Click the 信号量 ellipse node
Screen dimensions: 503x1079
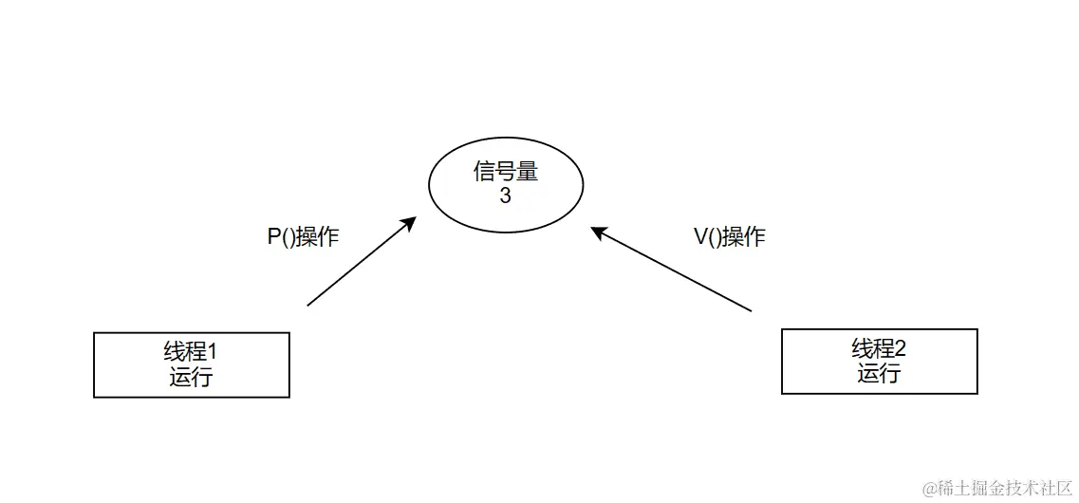(506, 185)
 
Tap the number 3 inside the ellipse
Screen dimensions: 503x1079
(505, 196)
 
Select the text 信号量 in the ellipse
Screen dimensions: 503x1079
(506, 172)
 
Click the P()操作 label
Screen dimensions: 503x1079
(303, 237)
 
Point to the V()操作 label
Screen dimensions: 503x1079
(730, 237)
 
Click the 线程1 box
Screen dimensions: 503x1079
(191, 364)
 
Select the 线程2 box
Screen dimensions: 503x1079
(879, 361)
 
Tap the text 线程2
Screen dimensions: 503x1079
(879, 348)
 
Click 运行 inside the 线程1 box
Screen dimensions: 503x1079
(191, 377)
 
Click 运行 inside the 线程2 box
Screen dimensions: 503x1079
(879, 373)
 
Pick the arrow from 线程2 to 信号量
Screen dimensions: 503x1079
(672, 269)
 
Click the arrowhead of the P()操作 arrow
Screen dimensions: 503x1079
(409, 223)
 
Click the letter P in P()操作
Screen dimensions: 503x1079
(273, 237)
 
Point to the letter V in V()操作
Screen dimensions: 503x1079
(700, 237)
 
